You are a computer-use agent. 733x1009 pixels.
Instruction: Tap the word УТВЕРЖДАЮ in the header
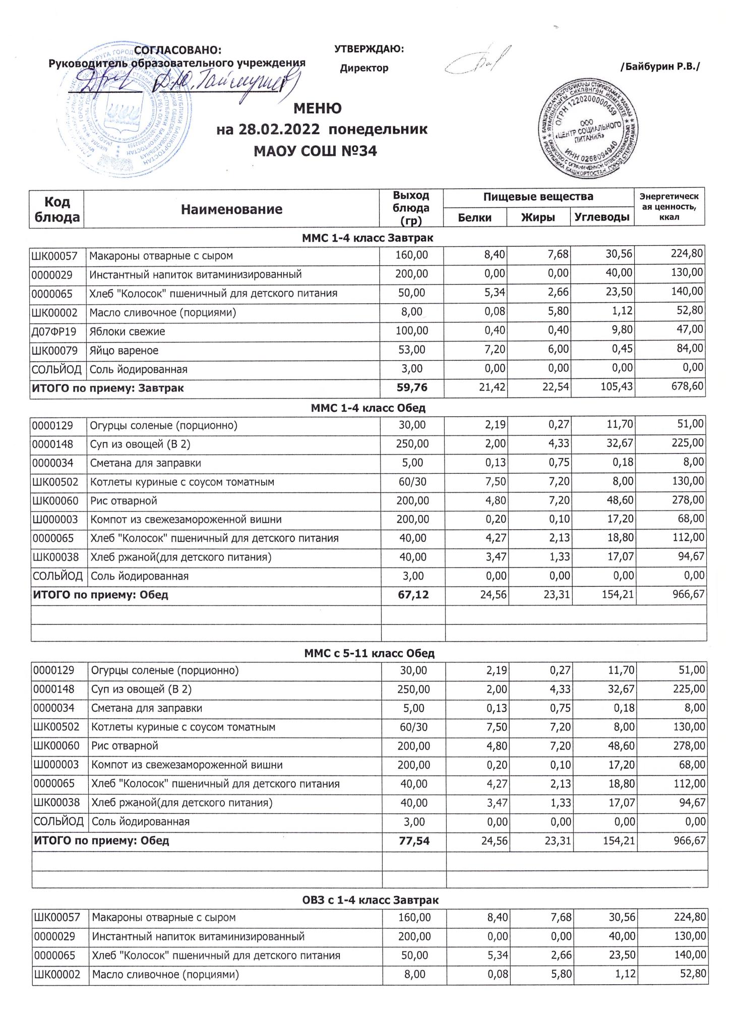coord(369,49)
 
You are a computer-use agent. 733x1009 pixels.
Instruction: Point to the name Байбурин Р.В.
coord(660,67)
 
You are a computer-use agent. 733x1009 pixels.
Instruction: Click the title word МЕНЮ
coord(318,108)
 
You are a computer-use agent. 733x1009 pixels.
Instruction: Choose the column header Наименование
coord(232,209)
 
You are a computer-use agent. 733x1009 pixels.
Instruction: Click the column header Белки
coord(474,217)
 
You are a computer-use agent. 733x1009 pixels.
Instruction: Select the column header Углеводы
coord(602,217)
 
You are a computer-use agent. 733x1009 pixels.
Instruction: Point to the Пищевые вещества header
coord(538,197)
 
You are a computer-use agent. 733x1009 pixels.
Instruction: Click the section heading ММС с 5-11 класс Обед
coord(369,653)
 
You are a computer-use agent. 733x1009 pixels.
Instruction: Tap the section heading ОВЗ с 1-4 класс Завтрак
coord(370,900)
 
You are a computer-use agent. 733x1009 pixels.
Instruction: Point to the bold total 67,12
coord(413,595)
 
